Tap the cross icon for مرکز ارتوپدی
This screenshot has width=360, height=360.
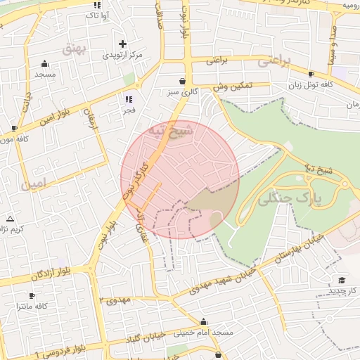pos(123,44)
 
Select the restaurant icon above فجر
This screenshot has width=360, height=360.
pos(128,99)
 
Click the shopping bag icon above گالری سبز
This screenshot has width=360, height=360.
pos(183,81)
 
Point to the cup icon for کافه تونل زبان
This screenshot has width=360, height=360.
pos(311,74)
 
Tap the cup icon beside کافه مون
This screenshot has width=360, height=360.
pos(14,128)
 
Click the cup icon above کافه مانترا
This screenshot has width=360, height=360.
pos(32,296)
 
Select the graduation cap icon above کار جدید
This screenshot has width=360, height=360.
pos(342,280)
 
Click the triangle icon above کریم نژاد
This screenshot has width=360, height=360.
pos(10,219)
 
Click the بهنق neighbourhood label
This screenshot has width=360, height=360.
pos(73,49)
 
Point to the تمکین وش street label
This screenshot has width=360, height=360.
pos(232,86)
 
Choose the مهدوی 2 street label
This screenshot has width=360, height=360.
pos(115,300)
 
